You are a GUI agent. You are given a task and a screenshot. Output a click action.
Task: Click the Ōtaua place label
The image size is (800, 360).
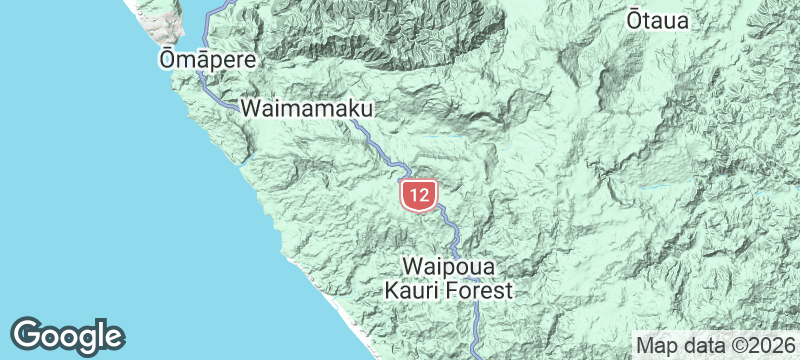tap(658, 20)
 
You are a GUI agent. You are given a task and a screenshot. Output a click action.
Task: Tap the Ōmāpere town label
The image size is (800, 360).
tap(207, 60)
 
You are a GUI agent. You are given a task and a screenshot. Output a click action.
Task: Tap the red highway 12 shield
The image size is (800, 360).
tap(418, 194)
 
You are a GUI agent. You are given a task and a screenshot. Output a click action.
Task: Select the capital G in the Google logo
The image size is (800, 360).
tap(31, 334)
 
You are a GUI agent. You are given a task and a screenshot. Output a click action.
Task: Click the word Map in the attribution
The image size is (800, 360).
tap(655, 345)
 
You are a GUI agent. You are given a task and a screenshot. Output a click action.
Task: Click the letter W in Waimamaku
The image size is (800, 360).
tap(252, 105)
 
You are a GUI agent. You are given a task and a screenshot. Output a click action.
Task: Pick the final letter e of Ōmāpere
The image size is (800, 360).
tap(249, 61)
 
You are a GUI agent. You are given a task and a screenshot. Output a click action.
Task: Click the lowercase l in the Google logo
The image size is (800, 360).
tap(101, 334)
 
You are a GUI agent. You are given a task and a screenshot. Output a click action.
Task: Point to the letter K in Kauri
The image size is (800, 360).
tap(393, 291)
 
